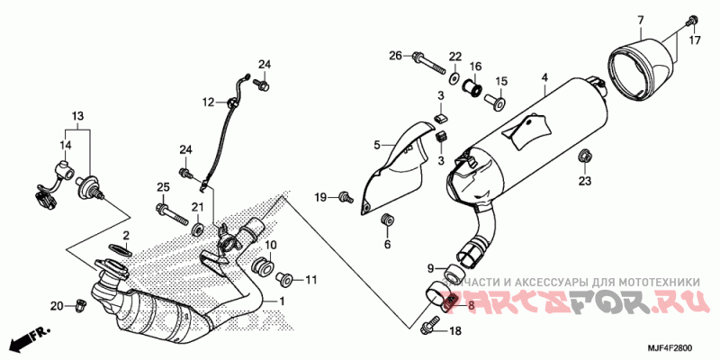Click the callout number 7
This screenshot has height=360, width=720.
click(x=641, y=21)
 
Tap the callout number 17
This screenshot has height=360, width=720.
click(x=695, y=40)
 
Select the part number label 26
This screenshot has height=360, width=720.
click(x=394, y=57)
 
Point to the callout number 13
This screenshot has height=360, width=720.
click(x=77, y=117)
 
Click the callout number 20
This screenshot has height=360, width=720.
click(x=56, y=307)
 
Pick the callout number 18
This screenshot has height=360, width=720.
click(x=454, y=332)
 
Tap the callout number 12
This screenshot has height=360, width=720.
click(x=206, y=101)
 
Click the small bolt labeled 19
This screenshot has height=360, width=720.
click(x=345, y=196)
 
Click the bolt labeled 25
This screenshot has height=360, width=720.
click(x=172, y=213)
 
